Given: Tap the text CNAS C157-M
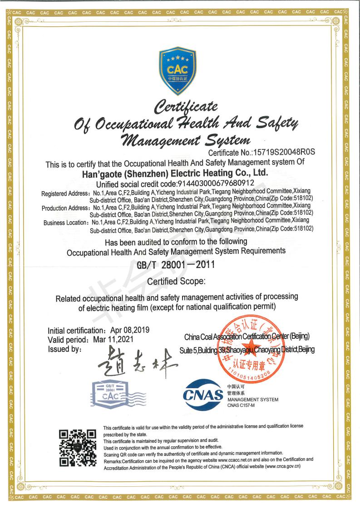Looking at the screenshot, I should [241, 405].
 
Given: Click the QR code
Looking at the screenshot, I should [79, 449].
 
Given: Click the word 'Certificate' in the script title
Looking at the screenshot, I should [186, 107].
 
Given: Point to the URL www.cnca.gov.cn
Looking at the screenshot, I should [281, 466].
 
